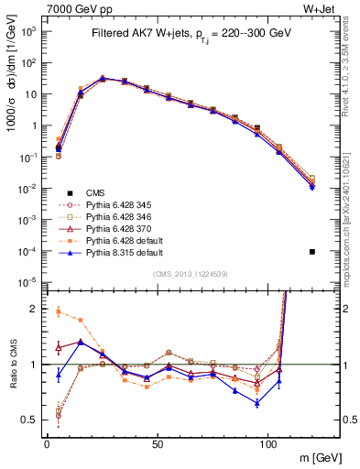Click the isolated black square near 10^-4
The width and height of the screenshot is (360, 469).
tap(312, 252)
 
